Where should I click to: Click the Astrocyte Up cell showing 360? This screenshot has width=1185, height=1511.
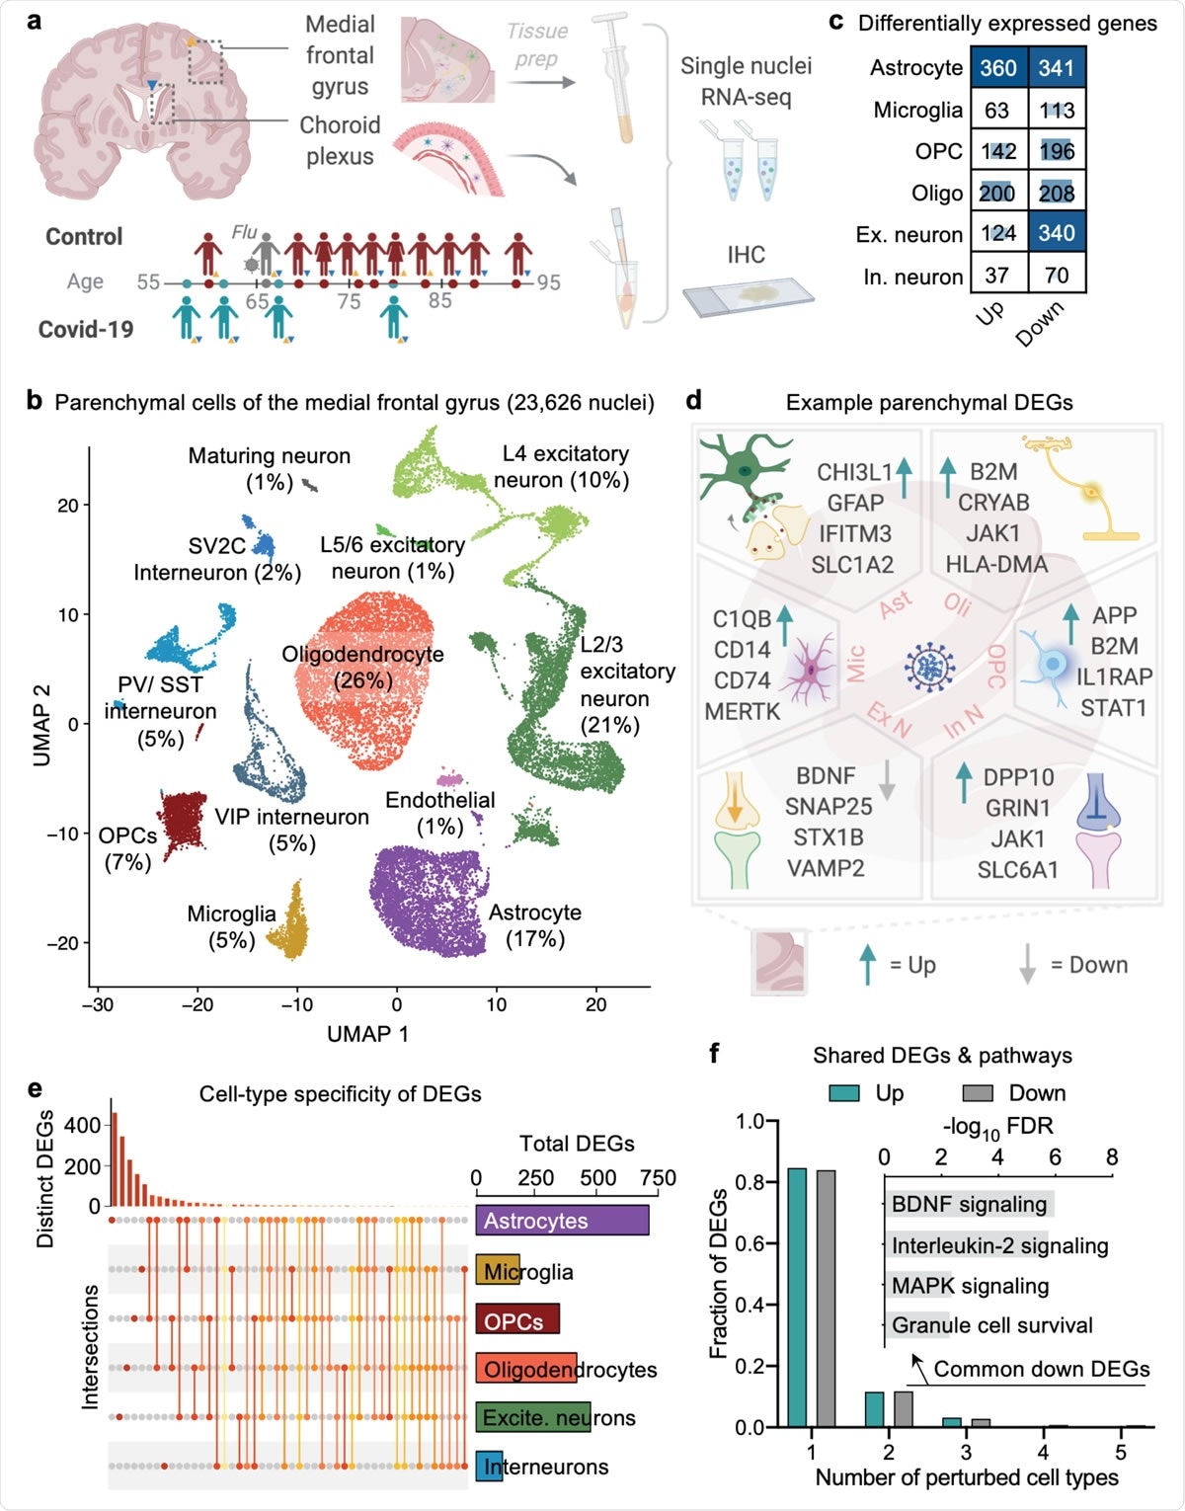pos(998,68)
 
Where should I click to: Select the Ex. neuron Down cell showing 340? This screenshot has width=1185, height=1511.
pos(1057,234)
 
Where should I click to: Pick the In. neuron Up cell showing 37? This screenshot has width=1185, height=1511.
pos(998,276)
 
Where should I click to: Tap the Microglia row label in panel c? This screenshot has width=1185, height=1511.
pos(917,110)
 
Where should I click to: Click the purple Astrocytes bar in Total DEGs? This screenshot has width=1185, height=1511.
pos(562,1221)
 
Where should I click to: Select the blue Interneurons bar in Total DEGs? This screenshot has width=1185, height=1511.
pos(489,1467)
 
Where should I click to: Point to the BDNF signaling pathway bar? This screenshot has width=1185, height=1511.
pos(969,1204)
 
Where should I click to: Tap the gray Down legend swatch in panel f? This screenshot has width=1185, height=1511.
pos(977,1093)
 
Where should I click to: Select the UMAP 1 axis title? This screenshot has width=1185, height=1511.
pos(367,1034)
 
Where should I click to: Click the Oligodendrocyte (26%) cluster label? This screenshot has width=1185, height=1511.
pos(362,667)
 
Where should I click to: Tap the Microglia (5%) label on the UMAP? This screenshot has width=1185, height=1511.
pos(231,926)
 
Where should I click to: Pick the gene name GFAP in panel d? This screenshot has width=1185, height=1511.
pos(855,503)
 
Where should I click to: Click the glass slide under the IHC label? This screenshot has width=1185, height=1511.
pos(748,295)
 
